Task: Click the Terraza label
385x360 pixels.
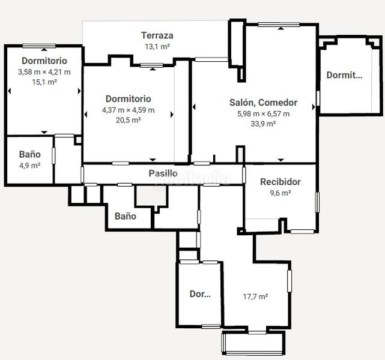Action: coord(157,35)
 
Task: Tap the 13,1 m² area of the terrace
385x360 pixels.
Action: coord(157,46)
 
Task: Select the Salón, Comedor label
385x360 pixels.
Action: coord(263,103)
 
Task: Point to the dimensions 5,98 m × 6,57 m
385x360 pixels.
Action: coord(263,113)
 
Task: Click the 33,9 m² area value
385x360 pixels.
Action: coord(263,124)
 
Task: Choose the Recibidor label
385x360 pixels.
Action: coord(280,182)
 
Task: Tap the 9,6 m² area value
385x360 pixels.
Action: coord(280,193)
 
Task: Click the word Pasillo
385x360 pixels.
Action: coord(163,173)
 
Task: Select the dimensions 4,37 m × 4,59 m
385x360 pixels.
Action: coord(128,110)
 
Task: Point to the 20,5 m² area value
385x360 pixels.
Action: coord(128,120)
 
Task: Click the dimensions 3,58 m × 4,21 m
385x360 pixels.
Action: coord(44,72)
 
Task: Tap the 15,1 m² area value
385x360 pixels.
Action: coord(44,82)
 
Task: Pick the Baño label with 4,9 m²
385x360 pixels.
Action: coord(29,154)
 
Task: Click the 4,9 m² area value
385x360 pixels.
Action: coord(29,165)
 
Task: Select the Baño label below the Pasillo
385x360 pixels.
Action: coord(126,216)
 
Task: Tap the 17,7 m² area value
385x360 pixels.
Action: coord(255,296)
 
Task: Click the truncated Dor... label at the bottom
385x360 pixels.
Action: coord(200,294)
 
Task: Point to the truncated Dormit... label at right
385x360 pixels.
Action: coord(344,75)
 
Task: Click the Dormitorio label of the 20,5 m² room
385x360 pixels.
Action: coord(128,98)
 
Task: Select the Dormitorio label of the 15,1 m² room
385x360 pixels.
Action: coord(44,61)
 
